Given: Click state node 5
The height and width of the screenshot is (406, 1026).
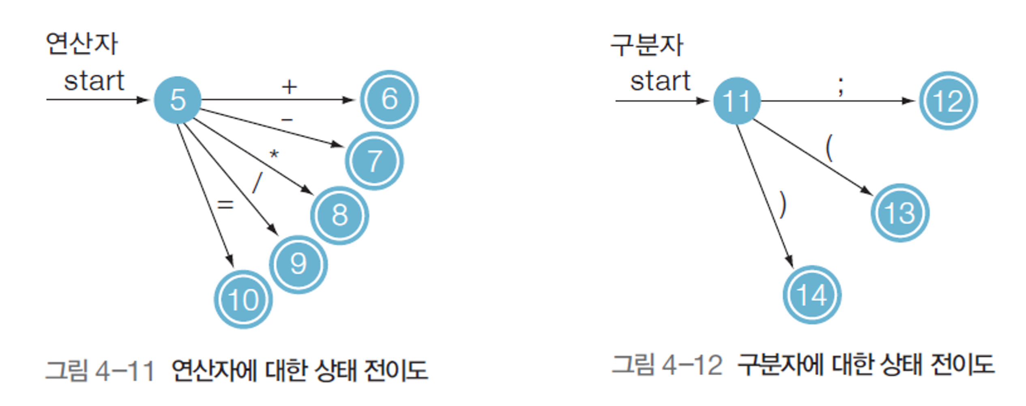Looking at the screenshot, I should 178,100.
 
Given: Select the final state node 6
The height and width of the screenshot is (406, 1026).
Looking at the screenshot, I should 389,99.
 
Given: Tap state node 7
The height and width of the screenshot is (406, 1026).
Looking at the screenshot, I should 374,161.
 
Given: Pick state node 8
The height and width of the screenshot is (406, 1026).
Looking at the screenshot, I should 339,215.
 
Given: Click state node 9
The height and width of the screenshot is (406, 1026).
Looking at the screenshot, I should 298,264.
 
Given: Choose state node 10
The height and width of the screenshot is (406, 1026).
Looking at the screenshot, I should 243,300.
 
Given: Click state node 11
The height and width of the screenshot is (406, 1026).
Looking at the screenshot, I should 736,101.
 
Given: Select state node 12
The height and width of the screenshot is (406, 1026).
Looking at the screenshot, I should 948,101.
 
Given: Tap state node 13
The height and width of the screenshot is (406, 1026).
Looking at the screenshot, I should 900,213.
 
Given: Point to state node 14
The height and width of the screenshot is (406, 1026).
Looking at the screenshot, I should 811,295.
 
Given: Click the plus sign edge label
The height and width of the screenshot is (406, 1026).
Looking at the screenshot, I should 289,87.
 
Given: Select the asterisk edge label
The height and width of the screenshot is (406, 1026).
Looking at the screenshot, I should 274,154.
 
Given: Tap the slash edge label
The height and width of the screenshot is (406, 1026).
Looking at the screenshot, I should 258,183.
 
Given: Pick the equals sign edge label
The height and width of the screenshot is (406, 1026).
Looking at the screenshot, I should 225,204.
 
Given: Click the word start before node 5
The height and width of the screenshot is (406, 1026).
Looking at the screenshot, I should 94,81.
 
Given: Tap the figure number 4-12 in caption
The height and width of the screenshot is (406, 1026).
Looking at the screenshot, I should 692,365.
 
